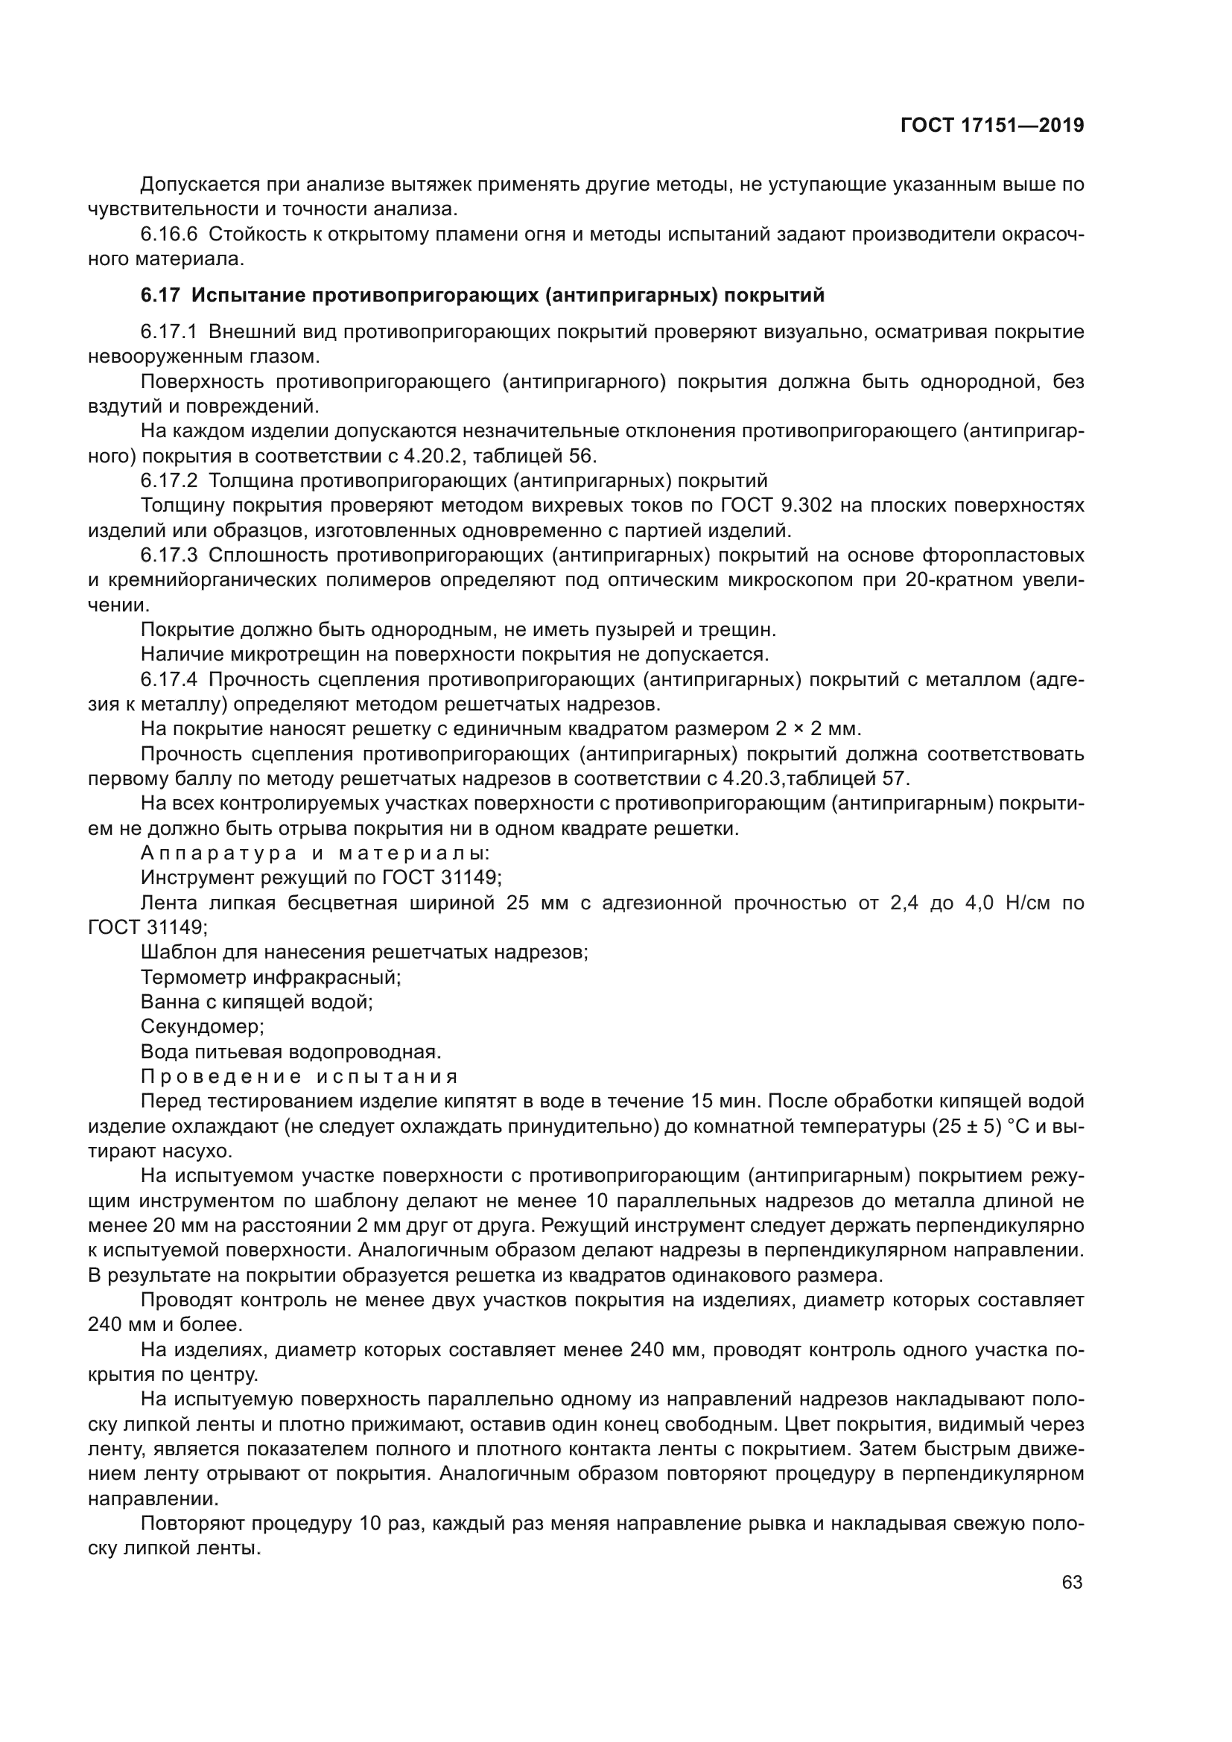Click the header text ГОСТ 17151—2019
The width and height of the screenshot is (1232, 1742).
click(x=991, y=126)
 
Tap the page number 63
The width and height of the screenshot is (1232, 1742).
click(x=1072, y=1583)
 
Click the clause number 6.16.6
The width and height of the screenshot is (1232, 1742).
click(x=169, y=235)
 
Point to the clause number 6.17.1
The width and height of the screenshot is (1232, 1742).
click(x=169, y=331)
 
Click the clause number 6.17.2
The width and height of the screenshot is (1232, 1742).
click(x=169, y=481)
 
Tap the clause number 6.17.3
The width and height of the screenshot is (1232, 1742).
click(x=169, y=556)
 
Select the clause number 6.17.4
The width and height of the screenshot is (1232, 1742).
click(x=169, y=680)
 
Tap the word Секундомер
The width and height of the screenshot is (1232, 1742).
click(x=202, y=1027)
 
